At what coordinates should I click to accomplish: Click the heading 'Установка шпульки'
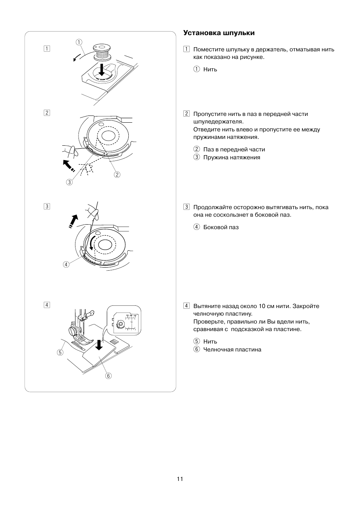click(x=219, y=33)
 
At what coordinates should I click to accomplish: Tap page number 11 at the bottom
click(x=180, y=479)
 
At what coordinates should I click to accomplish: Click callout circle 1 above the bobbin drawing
click(x=78, y=42)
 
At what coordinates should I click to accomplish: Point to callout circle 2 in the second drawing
click(x=117, y=174)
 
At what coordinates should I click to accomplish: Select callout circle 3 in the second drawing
click(x=69, y=182)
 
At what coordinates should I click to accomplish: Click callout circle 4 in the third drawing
click(x=66, y=264)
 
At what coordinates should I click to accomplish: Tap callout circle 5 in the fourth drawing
click(x=60, y=353)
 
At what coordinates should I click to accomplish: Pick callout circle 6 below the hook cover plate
click(x=109, y=376)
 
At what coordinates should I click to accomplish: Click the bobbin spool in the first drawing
click(x=101, y=52)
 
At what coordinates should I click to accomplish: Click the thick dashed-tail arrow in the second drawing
click(x=68, y=165)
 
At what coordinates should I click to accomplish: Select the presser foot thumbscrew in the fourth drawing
click(x=73, y=331)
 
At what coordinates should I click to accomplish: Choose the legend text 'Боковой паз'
click(x=221, y=227)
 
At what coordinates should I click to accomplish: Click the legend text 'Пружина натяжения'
click(x=232, y=157)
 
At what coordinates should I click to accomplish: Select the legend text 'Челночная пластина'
click(x=232, y=350)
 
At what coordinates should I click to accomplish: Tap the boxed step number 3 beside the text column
click(x=186, y=207)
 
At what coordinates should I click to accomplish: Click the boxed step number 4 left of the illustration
click(x=46, y=305)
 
